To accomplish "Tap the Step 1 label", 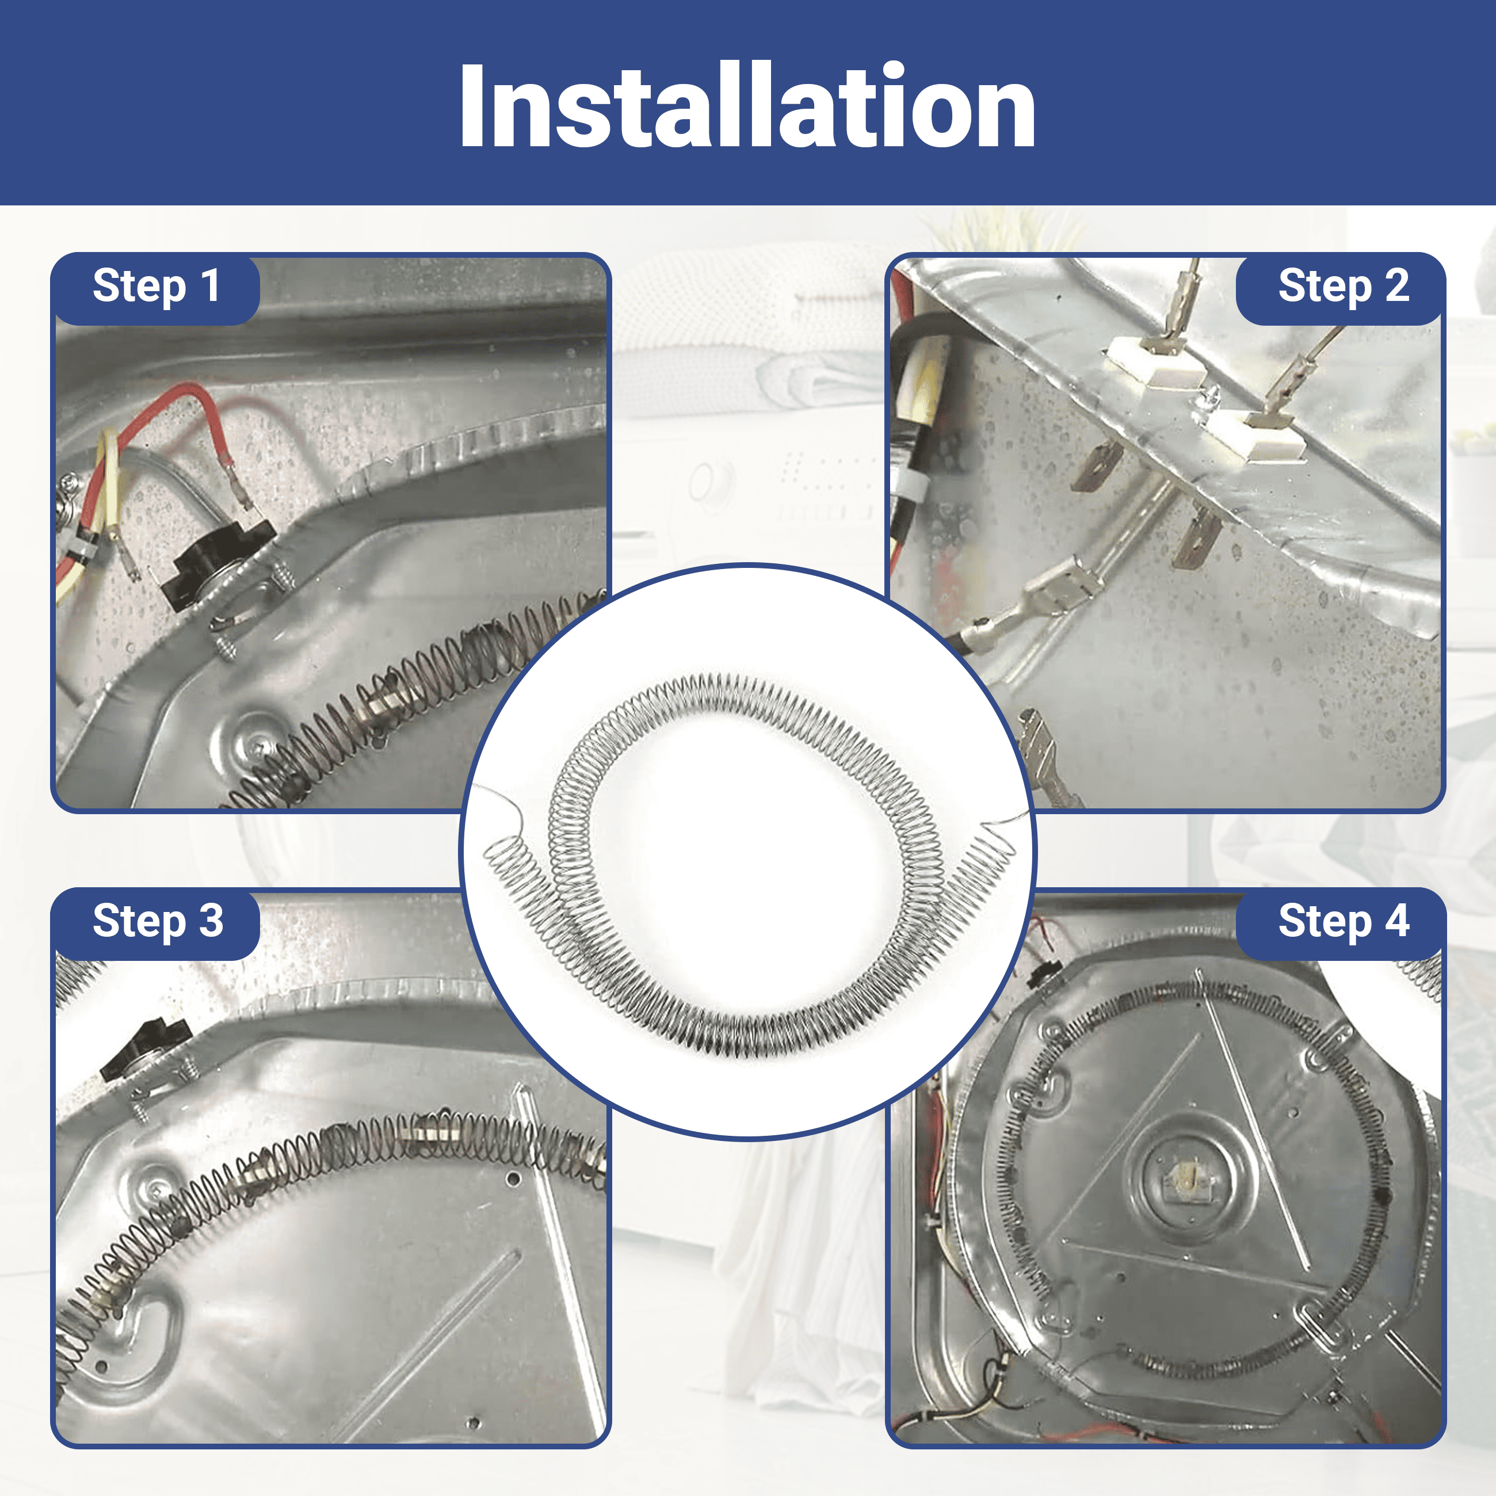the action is point(155,286).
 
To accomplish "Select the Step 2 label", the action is point(1344,286).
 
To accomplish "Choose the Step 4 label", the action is point(1344,921).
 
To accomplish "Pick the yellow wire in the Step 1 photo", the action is point(108,495).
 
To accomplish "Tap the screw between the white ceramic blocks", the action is point(1212,399).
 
